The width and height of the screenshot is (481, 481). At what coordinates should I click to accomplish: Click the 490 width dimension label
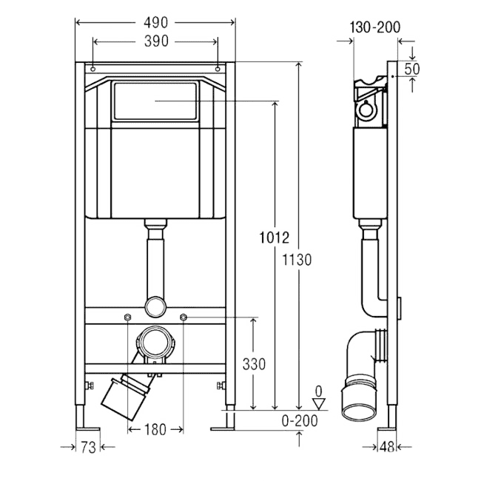tap(156, 23)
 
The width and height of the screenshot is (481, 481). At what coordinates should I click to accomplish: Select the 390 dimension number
tap(156, 41)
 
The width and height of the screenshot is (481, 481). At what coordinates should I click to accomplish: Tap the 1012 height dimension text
tap(275, 238)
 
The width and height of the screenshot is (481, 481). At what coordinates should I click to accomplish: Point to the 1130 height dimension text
tap(297, 260)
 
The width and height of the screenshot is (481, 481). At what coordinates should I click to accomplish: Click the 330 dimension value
tap(254, 364)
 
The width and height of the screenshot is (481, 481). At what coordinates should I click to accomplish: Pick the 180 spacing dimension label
tap(155, 429)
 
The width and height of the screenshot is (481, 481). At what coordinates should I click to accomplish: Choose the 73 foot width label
tap(88, 447)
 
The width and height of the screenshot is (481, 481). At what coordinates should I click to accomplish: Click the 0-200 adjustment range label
tap(300, 421)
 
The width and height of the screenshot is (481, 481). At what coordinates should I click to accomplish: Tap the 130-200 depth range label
tap(375, 27)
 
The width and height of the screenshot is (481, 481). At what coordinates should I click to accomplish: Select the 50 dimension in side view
tap(411, 69)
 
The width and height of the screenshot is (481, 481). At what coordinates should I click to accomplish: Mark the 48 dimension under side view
tap(387, 447)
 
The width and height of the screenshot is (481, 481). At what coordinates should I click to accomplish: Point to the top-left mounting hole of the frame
tap(93, 69)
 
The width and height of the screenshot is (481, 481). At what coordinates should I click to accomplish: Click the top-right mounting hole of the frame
tap(218, 69)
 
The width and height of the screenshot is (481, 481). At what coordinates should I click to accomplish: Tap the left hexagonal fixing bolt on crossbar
tap(127, 317)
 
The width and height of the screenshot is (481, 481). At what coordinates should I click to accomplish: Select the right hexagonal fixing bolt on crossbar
tap(183, 317)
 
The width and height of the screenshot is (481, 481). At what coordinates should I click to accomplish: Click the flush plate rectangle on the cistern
tap(155, 101)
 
